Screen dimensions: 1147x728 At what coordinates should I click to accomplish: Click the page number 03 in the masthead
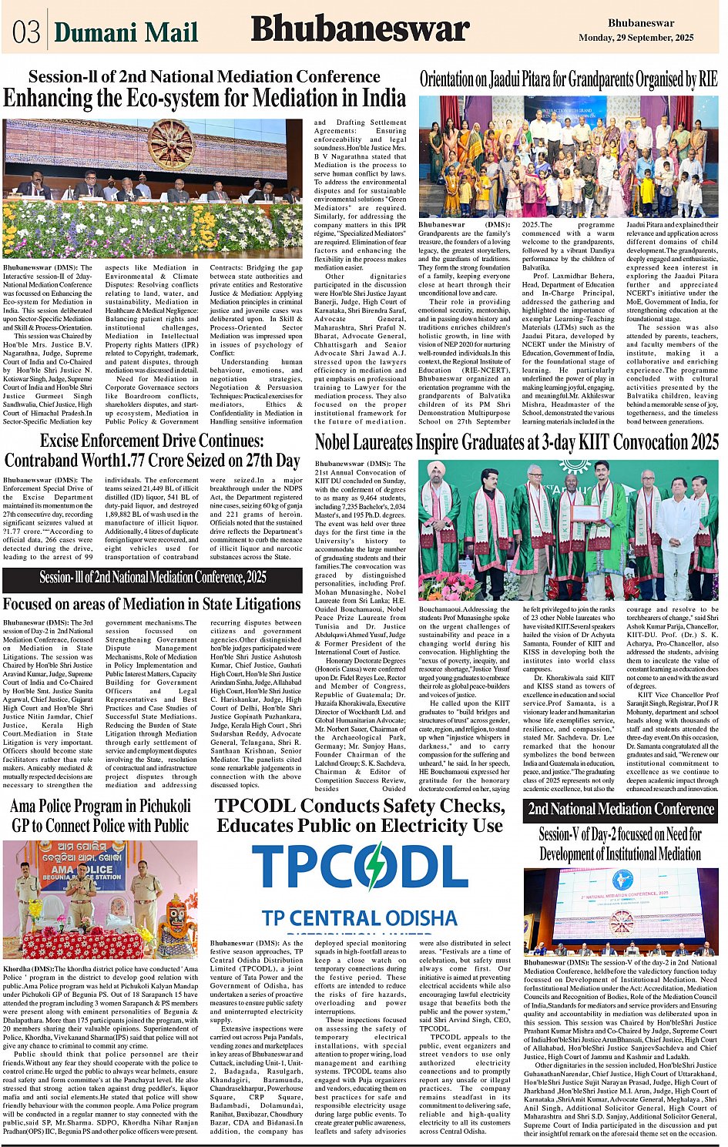coord(26,32)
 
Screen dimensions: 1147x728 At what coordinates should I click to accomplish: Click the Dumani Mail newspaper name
coord(126,32)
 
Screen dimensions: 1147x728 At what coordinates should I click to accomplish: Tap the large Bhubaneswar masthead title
coord(360,30)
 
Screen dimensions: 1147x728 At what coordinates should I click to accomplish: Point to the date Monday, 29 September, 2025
coord(636,37)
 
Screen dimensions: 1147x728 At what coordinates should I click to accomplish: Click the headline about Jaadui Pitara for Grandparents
coord(568,79)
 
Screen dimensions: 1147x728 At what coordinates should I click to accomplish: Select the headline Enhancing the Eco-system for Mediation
coord(204,99)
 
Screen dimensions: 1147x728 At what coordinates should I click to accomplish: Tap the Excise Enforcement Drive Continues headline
coord(152,451)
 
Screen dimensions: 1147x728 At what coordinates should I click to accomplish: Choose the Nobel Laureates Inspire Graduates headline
coord(516,442)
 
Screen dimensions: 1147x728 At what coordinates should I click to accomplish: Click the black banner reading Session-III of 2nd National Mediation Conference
coord(153,577)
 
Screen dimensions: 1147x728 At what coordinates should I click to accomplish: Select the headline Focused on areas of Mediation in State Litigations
coord(151,604)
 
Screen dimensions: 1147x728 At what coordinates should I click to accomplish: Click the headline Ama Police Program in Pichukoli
coord(100,816)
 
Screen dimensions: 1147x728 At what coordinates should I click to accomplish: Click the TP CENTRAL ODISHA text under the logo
coord(359,918)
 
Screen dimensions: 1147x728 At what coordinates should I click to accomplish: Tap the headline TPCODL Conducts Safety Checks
coord(360,816)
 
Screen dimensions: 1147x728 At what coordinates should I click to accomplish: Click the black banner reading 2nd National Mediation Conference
coord(620,809)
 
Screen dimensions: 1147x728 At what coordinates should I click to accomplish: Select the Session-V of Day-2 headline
coord(620,844)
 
